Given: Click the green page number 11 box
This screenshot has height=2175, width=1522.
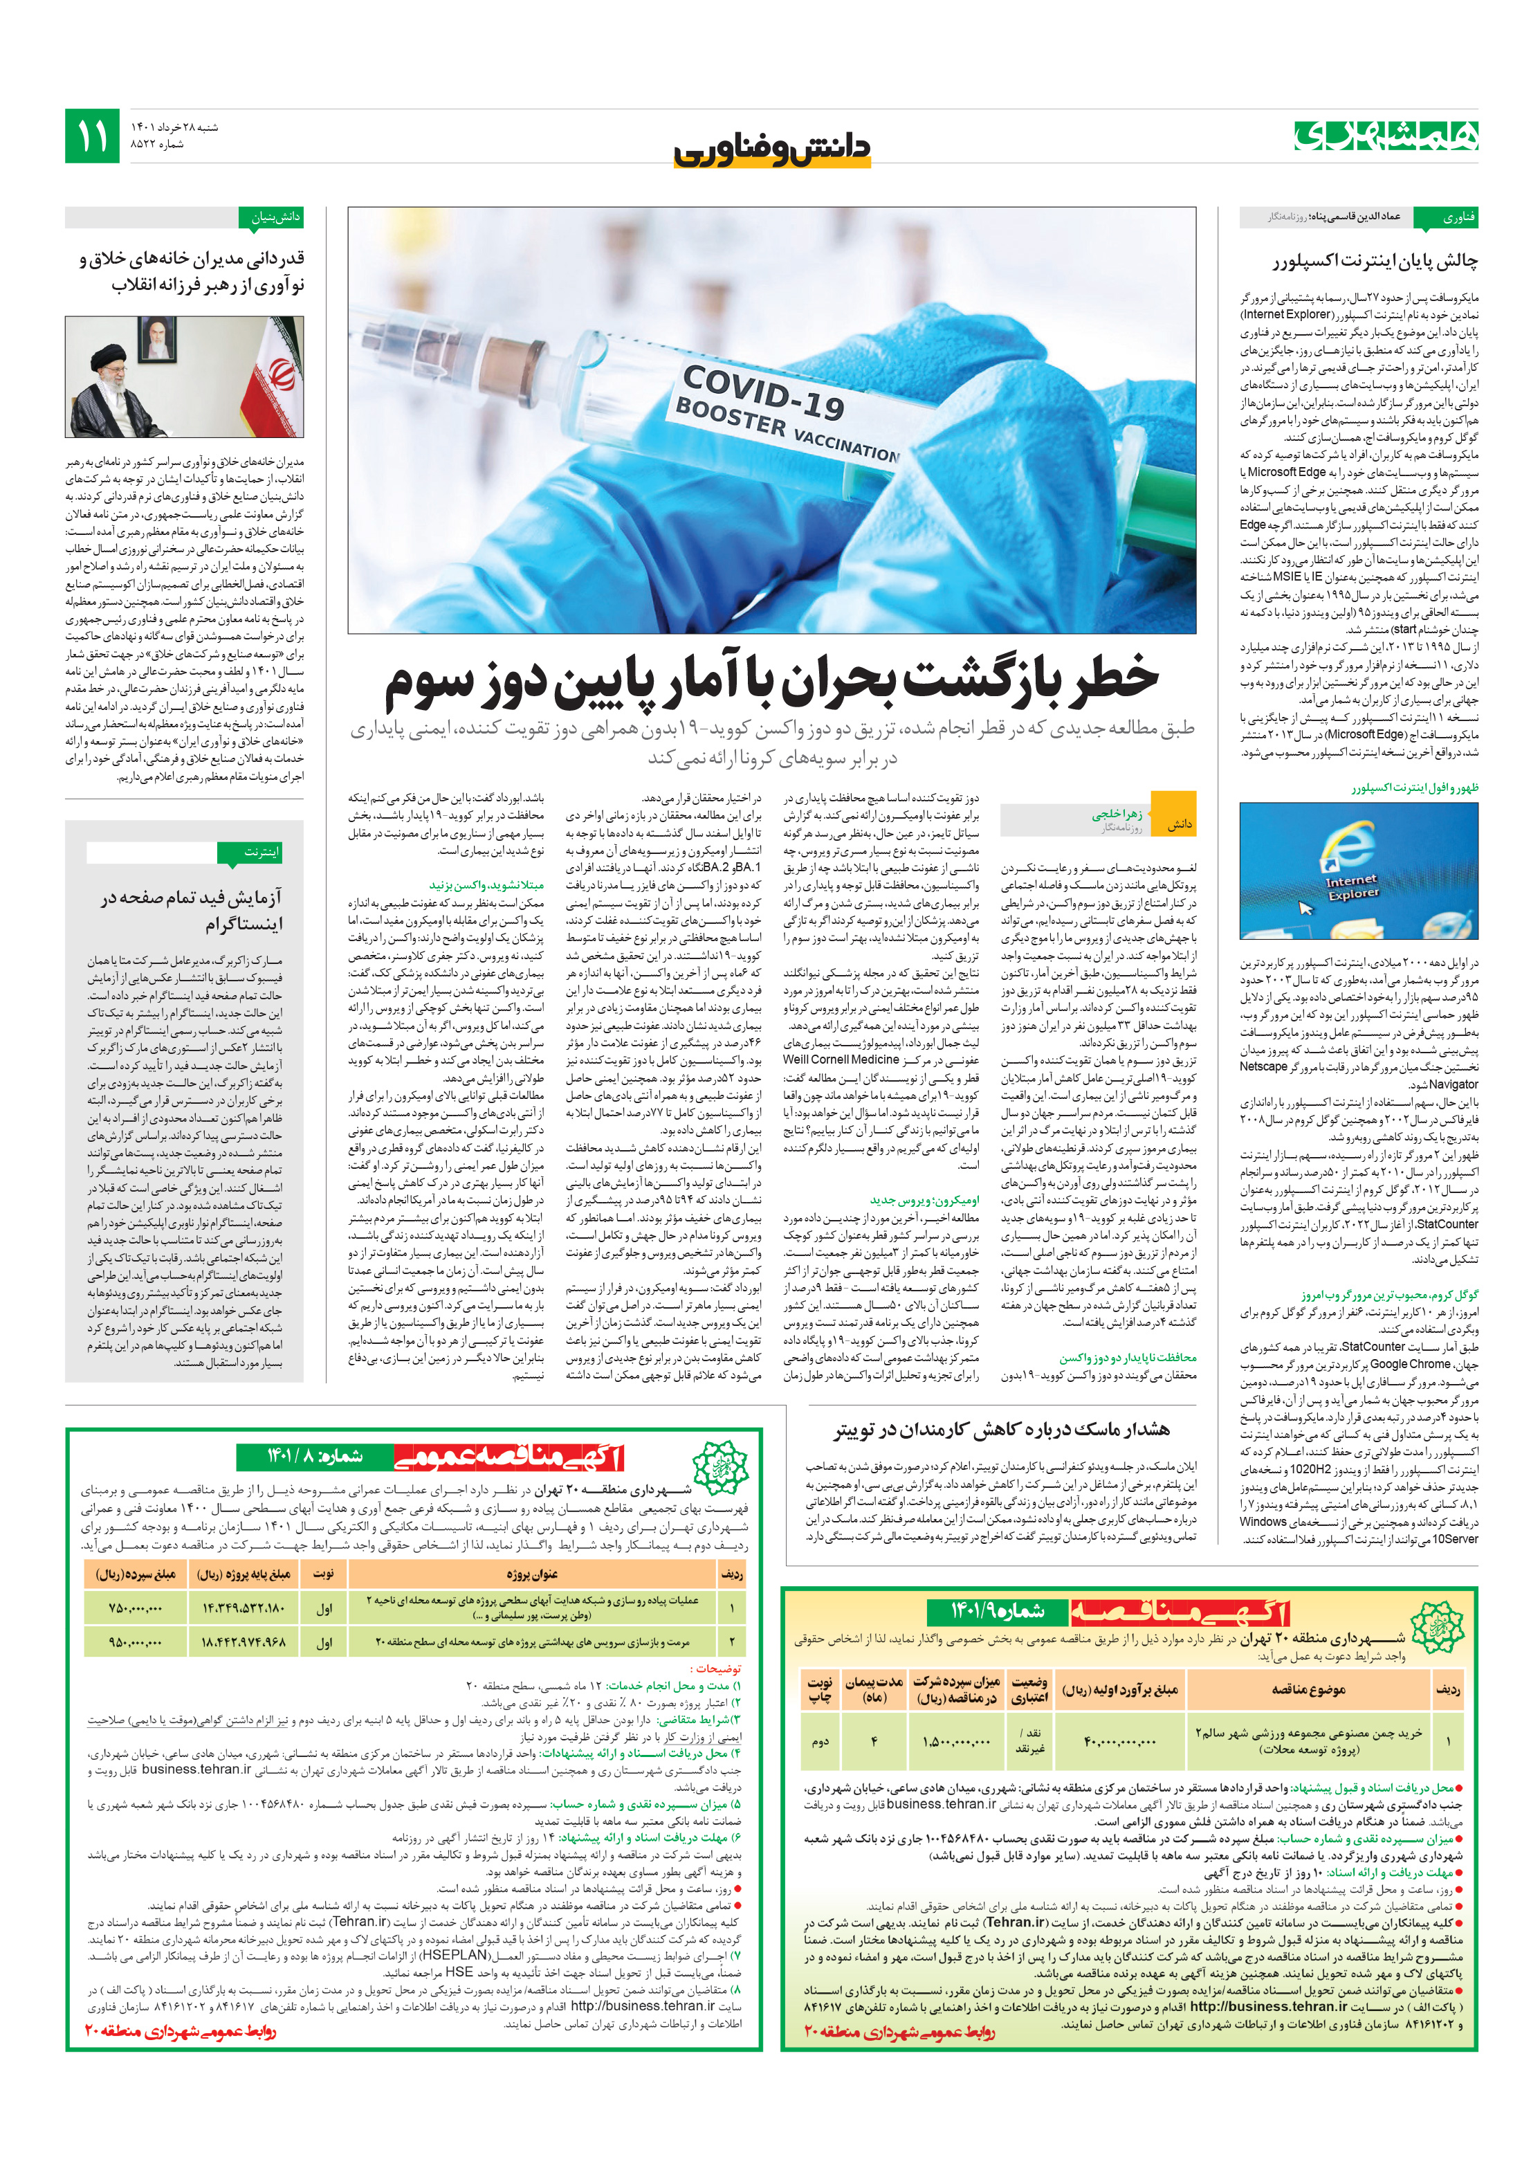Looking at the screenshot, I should point(92,136).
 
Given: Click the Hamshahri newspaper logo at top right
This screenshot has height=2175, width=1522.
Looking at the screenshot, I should point(1386,136).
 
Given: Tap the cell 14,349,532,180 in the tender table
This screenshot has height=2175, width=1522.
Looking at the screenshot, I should point(244,1608).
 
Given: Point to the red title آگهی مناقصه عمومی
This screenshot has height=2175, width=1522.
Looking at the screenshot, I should point(508,1457).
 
